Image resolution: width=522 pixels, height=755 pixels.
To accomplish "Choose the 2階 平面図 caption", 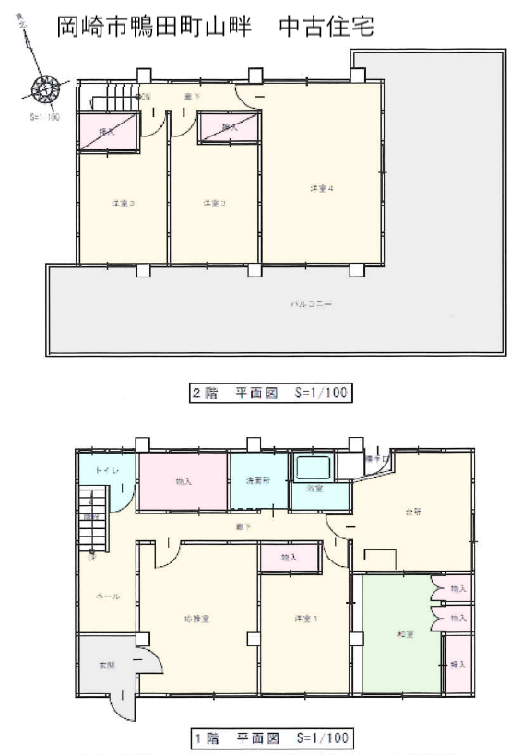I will coord(271,394).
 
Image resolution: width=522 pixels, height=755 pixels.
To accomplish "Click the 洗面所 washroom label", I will coord(255,480).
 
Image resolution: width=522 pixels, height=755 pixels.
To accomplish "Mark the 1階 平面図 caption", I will coord(271,737).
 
